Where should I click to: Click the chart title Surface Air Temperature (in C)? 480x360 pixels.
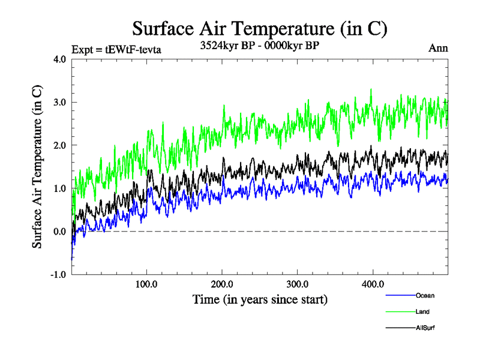tap(260, 28)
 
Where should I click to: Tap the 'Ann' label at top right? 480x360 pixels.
tap(438, 48)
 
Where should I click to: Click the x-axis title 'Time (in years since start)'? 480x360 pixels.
tap(260, 299)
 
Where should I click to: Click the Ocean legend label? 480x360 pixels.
tap(424, 295)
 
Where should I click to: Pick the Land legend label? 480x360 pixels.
tap(422, 311)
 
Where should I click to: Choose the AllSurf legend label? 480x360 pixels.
tap(425, 328)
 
